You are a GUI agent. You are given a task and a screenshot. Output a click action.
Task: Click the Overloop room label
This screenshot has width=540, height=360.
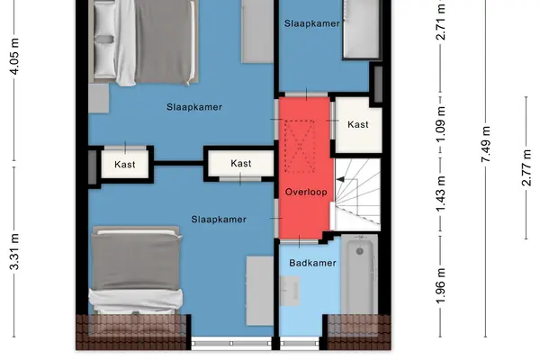[306, 193]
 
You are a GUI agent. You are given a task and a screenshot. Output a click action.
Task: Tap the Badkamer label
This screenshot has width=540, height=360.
[312, 263]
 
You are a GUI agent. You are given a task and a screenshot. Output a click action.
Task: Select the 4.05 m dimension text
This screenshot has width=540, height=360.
[14, 57]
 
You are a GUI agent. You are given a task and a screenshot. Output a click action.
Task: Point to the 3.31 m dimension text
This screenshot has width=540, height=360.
[14, 251]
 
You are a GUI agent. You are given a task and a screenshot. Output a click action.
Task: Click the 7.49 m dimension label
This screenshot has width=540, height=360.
[486, 144]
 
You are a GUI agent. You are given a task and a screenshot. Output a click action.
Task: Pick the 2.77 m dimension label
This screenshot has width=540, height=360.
[526, 167]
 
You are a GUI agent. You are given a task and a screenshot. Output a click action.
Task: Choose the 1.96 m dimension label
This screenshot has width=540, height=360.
[441, 286]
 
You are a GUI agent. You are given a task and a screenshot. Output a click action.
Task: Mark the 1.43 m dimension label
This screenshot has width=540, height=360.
[441, 194]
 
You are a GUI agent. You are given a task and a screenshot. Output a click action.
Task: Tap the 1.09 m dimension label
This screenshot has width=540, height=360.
[441, 124]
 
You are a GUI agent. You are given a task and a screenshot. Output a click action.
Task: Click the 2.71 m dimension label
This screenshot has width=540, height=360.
[441, 22]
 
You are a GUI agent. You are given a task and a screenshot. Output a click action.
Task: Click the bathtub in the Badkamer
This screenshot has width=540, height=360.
[359, 274]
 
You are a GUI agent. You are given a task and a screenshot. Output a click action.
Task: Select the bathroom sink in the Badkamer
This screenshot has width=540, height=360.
[289, 291]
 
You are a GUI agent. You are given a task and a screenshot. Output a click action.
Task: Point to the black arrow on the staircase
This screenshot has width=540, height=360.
[340, 179]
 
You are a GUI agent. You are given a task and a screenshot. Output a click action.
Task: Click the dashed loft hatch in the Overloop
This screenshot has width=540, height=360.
[300, 147]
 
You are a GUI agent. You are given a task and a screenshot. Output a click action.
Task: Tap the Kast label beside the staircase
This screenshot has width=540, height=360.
[358, 124]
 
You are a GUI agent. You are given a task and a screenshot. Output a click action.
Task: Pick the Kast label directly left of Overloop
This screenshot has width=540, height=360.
[240, 163]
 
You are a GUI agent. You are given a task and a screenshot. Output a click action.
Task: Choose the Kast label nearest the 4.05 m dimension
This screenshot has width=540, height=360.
[125, 165]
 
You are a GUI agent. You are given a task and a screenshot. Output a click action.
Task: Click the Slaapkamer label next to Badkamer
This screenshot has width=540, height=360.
[219, 220]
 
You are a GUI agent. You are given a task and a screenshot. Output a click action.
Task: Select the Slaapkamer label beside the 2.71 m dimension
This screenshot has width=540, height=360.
[312, 23]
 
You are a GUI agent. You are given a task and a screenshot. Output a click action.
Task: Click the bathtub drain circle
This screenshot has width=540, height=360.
[359, 251]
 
